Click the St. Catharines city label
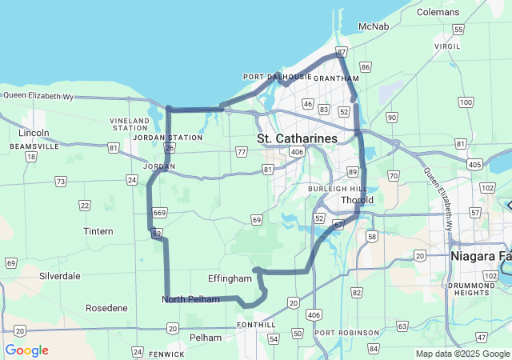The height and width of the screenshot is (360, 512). tap(297, 138)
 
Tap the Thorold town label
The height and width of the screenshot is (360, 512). tap(357, 200)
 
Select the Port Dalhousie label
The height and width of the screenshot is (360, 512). tap(277, 77)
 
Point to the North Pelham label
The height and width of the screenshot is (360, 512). tap(190, 299)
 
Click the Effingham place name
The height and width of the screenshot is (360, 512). tap(230, 278)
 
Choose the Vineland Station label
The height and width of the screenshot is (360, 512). tap(130, 124)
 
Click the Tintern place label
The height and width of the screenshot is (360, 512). tap(98, 231)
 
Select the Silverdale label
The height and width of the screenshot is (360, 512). tap(59, 275)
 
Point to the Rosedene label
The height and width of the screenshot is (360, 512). tap(106, 307)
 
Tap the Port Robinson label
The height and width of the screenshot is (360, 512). tap(346, 332)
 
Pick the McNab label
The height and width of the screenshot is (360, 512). tap(374, 26)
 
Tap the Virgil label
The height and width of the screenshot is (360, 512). tap(447, 46)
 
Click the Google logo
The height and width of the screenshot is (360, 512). tap(26, 350)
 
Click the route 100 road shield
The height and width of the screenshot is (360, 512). tap(466, 102)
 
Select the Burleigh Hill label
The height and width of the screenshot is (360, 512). tap(336, 188)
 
